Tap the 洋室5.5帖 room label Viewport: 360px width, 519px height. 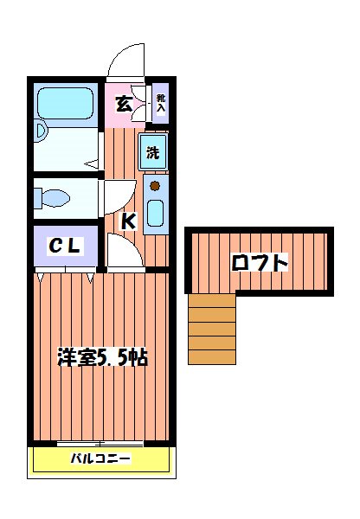click(x=101, y=357)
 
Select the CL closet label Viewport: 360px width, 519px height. click(x=65, y=247)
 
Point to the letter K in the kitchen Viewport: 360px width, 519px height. click(x=127, y=221)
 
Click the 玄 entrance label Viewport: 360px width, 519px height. click(x=124, y=105)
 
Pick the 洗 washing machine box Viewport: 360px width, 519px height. click(x=152, y=154)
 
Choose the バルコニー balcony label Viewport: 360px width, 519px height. click(x=100, y=458)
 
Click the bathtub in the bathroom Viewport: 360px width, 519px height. click(x=68, y=105)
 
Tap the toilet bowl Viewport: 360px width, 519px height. click(x=53, y=199)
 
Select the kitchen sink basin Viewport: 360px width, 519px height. click(x=157, y=213)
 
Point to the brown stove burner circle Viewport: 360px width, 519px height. click(x=155, y=185)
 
